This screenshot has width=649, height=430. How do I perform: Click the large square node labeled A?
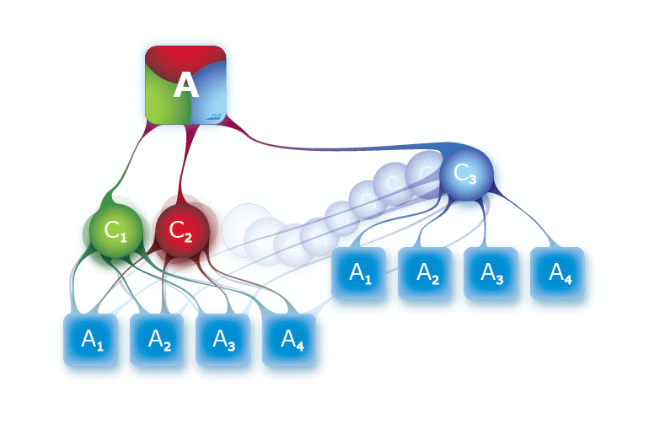point(185,85)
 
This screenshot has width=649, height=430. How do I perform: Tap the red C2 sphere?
point(181,230)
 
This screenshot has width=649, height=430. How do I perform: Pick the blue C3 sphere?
point(465,175)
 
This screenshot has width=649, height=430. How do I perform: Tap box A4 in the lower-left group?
point(292,340)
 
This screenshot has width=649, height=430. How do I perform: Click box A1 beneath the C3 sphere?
point(360,273)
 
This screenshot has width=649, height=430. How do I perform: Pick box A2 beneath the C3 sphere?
point(426,273)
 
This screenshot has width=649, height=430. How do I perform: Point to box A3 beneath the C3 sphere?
point(492,273)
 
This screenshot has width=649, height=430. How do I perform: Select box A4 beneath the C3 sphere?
point(558,273)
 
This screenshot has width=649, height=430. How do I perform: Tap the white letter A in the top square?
point(185,85)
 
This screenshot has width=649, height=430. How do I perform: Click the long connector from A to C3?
point(337,148)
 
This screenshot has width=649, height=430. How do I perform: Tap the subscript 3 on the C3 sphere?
point(472,178)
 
